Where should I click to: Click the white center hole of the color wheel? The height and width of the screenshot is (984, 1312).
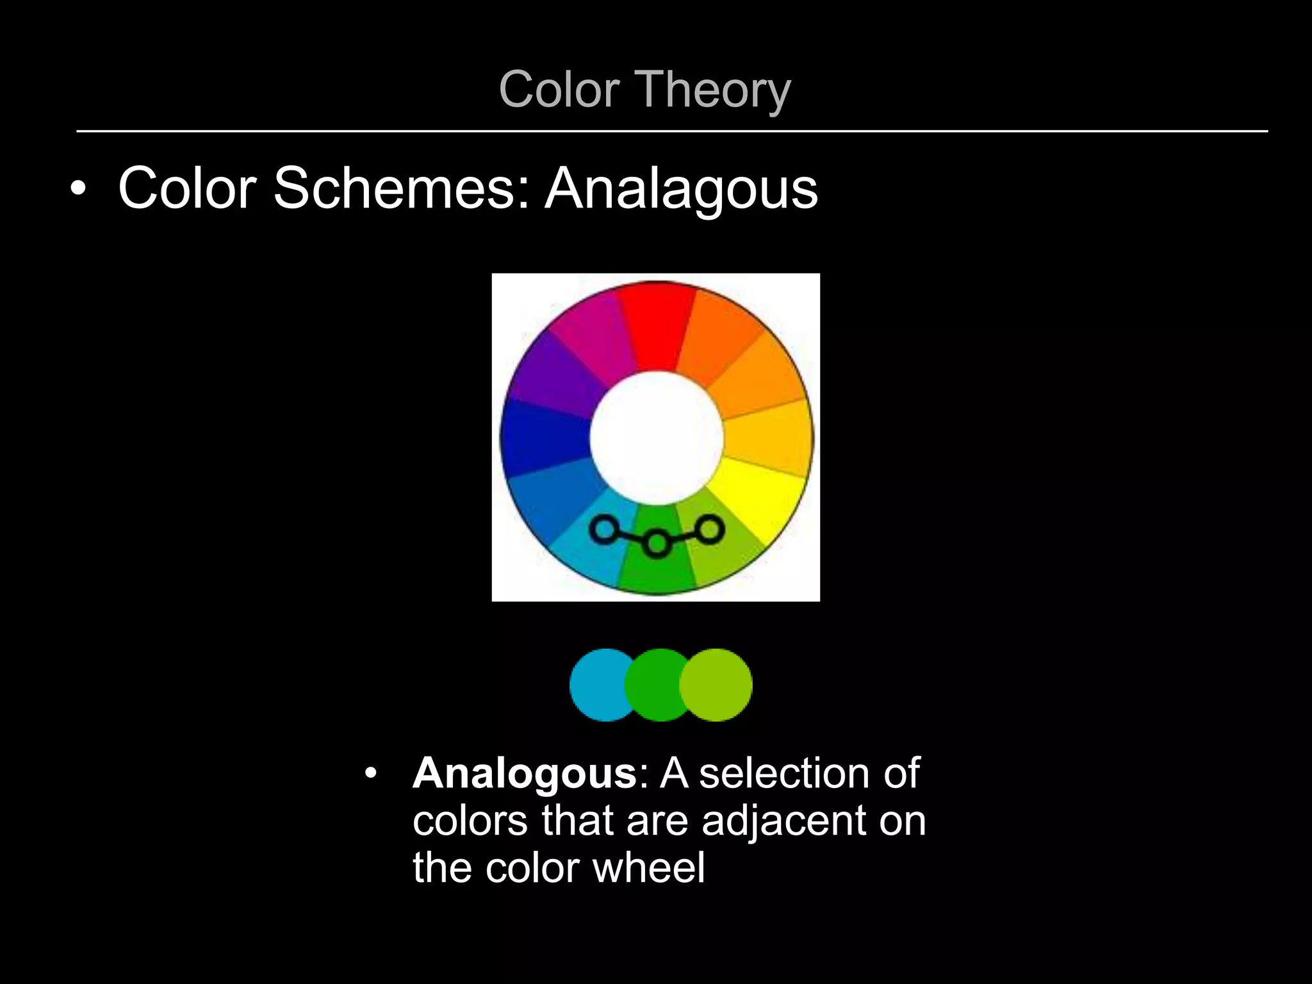pyautogui.click(x=657, y=438)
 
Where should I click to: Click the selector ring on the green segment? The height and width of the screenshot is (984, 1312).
pyautogui.click(x=657, y=544)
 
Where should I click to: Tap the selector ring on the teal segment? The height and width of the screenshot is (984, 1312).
pyautogui.click(x=603, y=530)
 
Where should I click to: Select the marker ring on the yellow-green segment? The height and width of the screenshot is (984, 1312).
pyautogui.click(x=710, y=530)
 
